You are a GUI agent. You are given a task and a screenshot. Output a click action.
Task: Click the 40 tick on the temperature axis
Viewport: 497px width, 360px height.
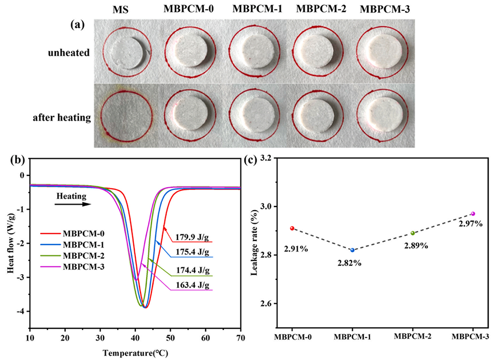(135, 338)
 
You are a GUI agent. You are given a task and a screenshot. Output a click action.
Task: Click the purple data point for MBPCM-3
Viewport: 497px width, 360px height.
(473, 213)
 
